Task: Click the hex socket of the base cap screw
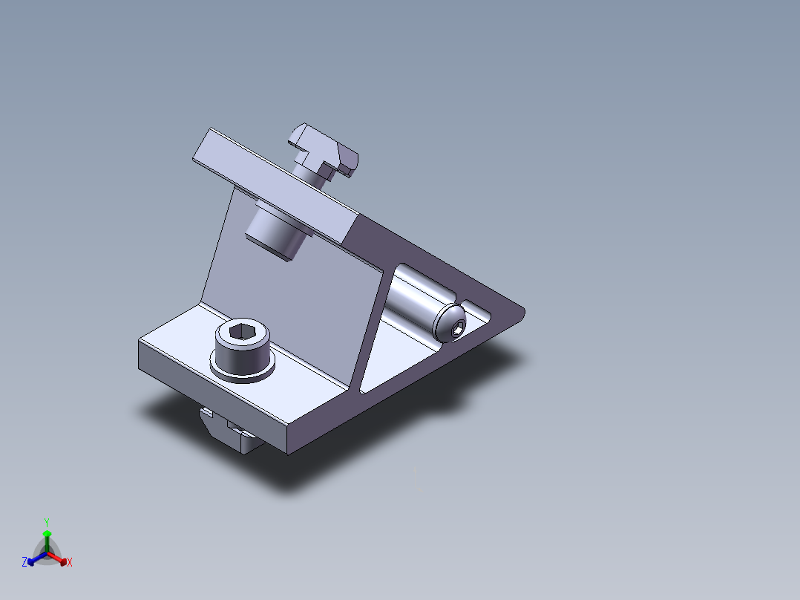(243, 332)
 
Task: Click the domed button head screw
(450, 323)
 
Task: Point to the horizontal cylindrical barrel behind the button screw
(419, 296)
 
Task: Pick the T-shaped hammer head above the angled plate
(324, 151)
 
